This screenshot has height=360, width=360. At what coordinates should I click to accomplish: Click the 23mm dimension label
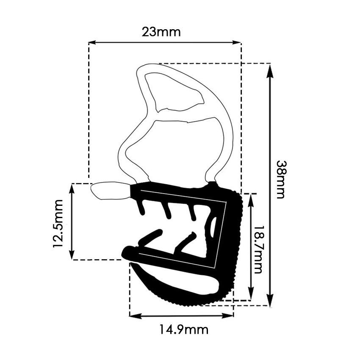click(x=161, y=32)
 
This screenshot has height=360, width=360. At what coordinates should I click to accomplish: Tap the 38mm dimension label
click(x=280, y=179)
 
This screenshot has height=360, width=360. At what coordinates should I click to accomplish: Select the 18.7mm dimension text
click(x=258, y=249)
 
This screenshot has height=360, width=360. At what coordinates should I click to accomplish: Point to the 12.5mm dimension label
click(x=58, y=223)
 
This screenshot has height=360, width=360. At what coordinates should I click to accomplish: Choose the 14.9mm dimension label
click(x=184, y=330)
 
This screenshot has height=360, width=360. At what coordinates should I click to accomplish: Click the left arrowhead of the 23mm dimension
click(x=92, y=42)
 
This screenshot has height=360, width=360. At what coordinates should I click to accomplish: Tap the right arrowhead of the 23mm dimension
click(x=237, y=42)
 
